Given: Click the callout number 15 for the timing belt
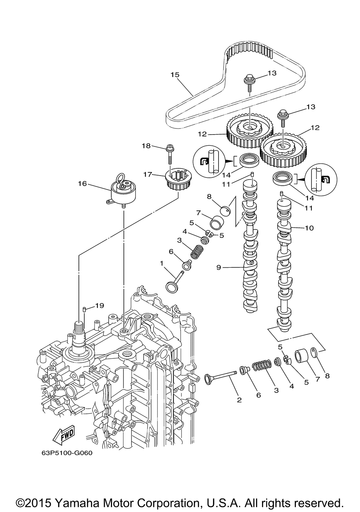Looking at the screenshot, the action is [x=175, y=75].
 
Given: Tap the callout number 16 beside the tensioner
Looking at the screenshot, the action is [x=82, y=183].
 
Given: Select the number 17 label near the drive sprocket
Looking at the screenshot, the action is [x=148, y=175].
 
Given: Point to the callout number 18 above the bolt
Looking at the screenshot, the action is [x=147, y=146].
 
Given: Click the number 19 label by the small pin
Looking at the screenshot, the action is [x=99, y=305].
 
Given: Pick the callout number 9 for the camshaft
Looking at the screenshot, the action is [x=219, y=267].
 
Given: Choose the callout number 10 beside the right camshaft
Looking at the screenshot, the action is [x=309, y=228].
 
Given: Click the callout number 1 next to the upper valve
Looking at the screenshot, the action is [x=162, y=263].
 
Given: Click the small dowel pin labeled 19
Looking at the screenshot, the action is [x=84, y=310].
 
